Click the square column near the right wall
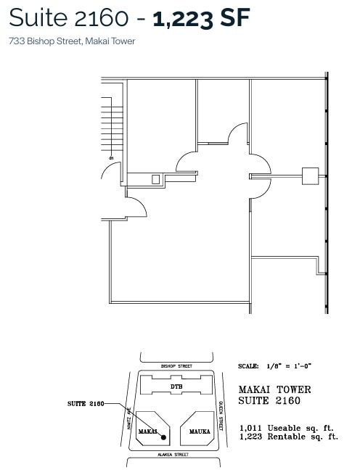click(310, 175)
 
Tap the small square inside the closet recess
click(155, 178)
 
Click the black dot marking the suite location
click(165, 437)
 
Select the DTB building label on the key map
click(176, 387)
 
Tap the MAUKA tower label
click(200, 431)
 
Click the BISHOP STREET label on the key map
click(176, 366)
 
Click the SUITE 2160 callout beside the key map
click(86, 402)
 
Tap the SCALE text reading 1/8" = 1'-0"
click(276, 367)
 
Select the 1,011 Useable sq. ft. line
click(288, 428)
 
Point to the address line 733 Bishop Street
click(72, 41)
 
